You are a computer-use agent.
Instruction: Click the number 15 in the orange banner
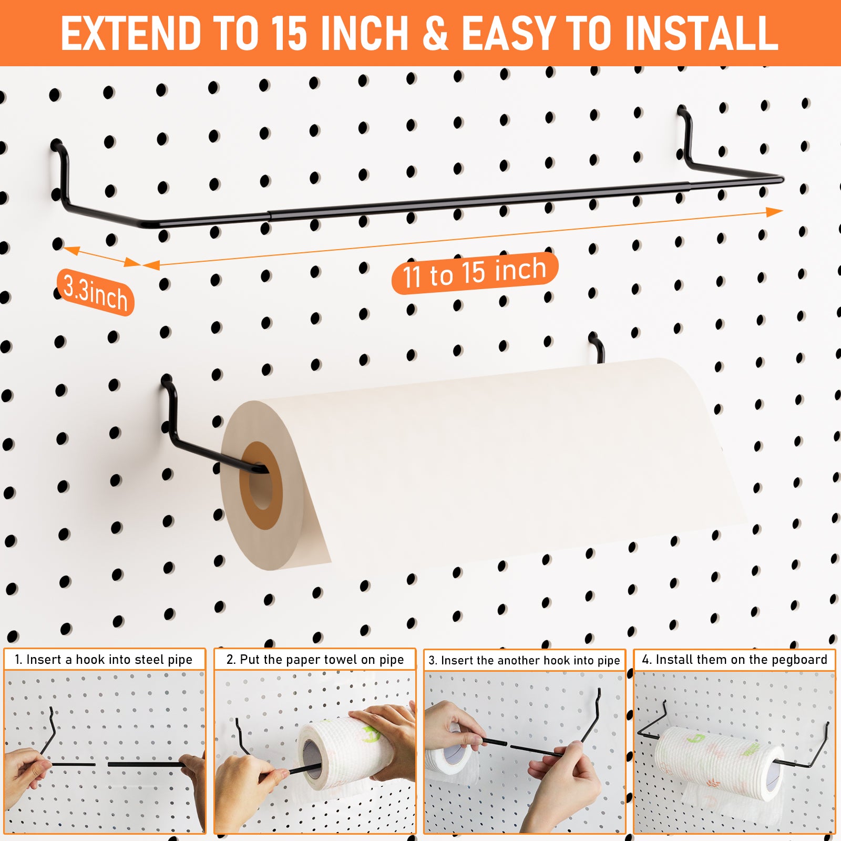(289, 33)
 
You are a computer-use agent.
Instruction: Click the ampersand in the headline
(436, 33)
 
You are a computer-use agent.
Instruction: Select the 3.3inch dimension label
(95, 292)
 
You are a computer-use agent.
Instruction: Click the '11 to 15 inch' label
(475, 272)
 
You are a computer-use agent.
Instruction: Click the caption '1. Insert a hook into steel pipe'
(104, 660)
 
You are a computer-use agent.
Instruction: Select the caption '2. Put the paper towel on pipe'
(315, 660)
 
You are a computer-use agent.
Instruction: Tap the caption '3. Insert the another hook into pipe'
(524, 660)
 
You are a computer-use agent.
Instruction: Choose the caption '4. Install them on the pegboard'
(734, 660)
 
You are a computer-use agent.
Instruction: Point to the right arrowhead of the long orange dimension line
(774, 212)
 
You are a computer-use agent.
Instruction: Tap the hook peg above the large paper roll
(597, 347)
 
